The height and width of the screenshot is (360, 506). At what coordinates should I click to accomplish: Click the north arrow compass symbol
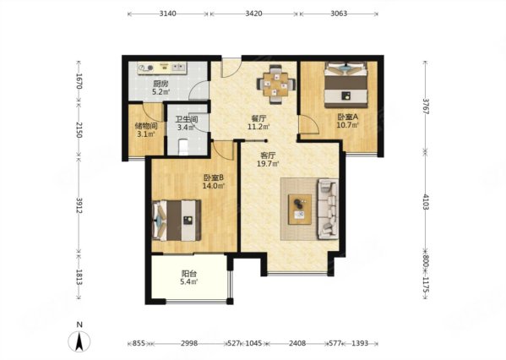79,341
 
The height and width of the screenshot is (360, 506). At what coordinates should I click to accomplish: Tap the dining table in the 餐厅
276,85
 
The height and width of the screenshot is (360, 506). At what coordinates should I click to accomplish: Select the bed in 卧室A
346,85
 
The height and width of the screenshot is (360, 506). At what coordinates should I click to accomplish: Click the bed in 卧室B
177,221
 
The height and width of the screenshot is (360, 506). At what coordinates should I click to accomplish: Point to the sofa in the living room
328,210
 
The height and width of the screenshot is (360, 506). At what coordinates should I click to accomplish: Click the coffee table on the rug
300,210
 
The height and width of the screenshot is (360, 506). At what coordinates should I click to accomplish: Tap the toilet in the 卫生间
183,146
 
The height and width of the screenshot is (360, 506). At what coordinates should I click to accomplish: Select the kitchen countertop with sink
162,68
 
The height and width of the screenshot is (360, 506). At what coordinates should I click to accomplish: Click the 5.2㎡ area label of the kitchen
161,92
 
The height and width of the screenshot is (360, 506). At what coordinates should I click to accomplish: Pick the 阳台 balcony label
188,274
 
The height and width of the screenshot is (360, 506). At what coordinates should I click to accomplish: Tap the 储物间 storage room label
146,126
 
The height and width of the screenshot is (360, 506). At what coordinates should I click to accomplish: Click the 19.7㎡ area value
268,164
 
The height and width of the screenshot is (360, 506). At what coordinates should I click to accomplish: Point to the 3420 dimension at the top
253,14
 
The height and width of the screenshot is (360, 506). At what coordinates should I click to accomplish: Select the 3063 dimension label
339,14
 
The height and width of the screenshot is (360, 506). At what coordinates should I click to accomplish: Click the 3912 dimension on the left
79,205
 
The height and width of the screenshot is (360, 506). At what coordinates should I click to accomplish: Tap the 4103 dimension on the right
426,202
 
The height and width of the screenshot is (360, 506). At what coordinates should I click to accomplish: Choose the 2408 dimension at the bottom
297,343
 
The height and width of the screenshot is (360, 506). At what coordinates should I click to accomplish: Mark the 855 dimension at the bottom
139,343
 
